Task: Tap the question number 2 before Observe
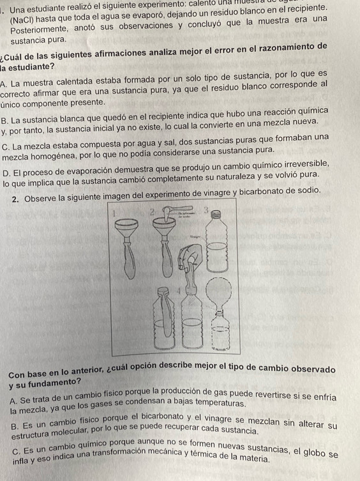pos(15,190)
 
